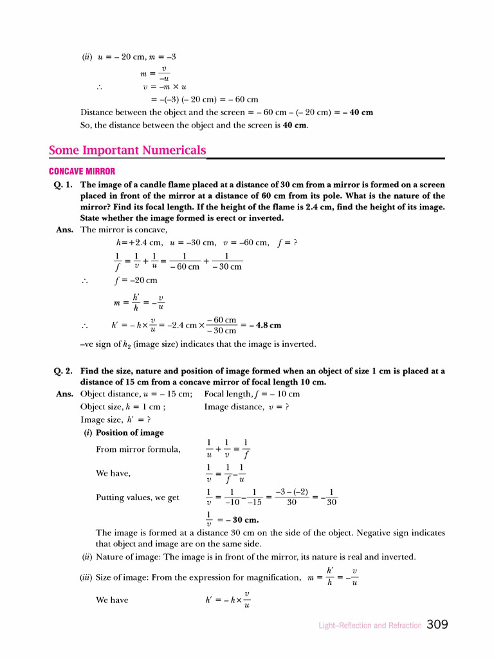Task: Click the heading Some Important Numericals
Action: (x=127, y=151)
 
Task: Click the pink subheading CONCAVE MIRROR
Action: (x=82, y=171)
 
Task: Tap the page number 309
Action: (x=437, y=624)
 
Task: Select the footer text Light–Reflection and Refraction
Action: (x=370, y=626)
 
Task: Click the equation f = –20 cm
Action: (x=136, y=281)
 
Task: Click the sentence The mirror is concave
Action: (x=123, y=230)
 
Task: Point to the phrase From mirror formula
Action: (x=138, y=449)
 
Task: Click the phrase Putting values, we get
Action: (x=138, y=497)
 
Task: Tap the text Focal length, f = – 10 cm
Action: (x=252, y=394)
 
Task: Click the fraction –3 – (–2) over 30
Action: (x=291, y=497)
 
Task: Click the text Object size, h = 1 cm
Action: (x=123, y=407)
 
